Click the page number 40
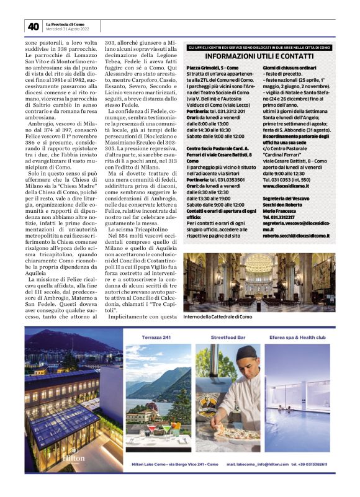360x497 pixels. click(33, 26)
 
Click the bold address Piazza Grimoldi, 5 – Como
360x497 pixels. click(213, 66)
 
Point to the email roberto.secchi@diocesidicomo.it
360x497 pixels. click(295, 236)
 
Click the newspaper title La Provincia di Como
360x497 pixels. click(66, 24)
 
